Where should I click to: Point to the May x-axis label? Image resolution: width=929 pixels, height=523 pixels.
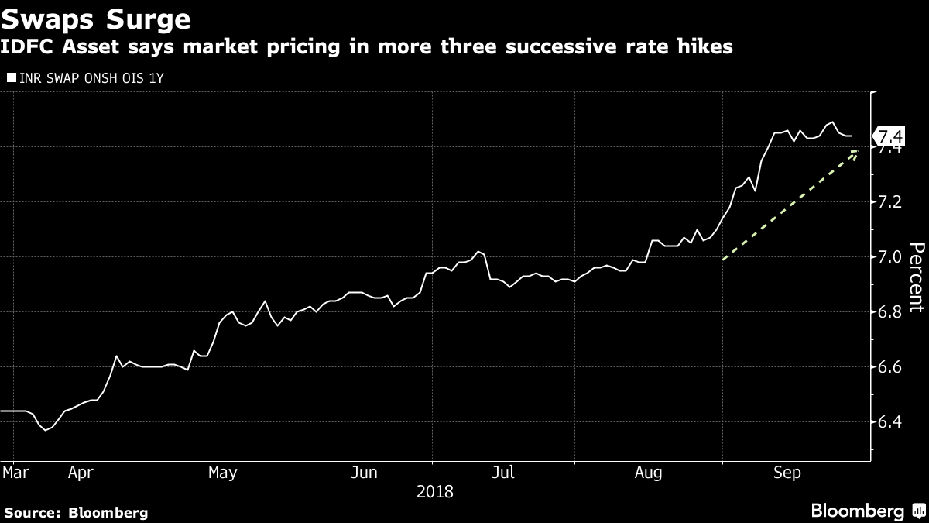tap(222, 472)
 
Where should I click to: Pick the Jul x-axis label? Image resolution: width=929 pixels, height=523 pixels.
tap(504, 472)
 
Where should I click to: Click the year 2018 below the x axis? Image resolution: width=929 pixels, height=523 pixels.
tap(435, 492)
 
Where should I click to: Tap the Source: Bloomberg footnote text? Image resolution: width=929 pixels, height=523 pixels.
tap(76, 512)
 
